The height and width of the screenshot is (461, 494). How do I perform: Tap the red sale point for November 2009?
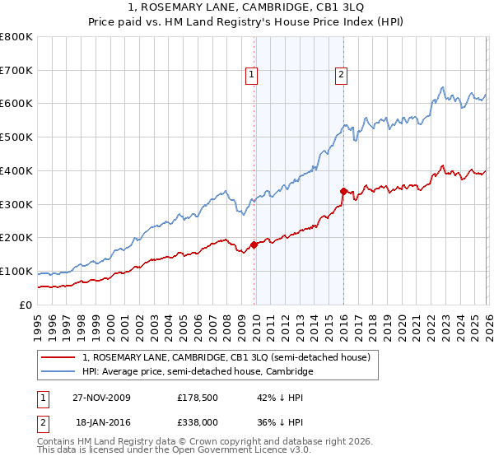[254, 244]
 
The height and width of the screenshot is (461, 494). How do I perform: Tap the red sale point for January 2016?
[343, 190]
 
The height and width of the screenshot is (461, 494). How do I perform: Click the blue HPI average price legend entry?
[198, 372]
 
